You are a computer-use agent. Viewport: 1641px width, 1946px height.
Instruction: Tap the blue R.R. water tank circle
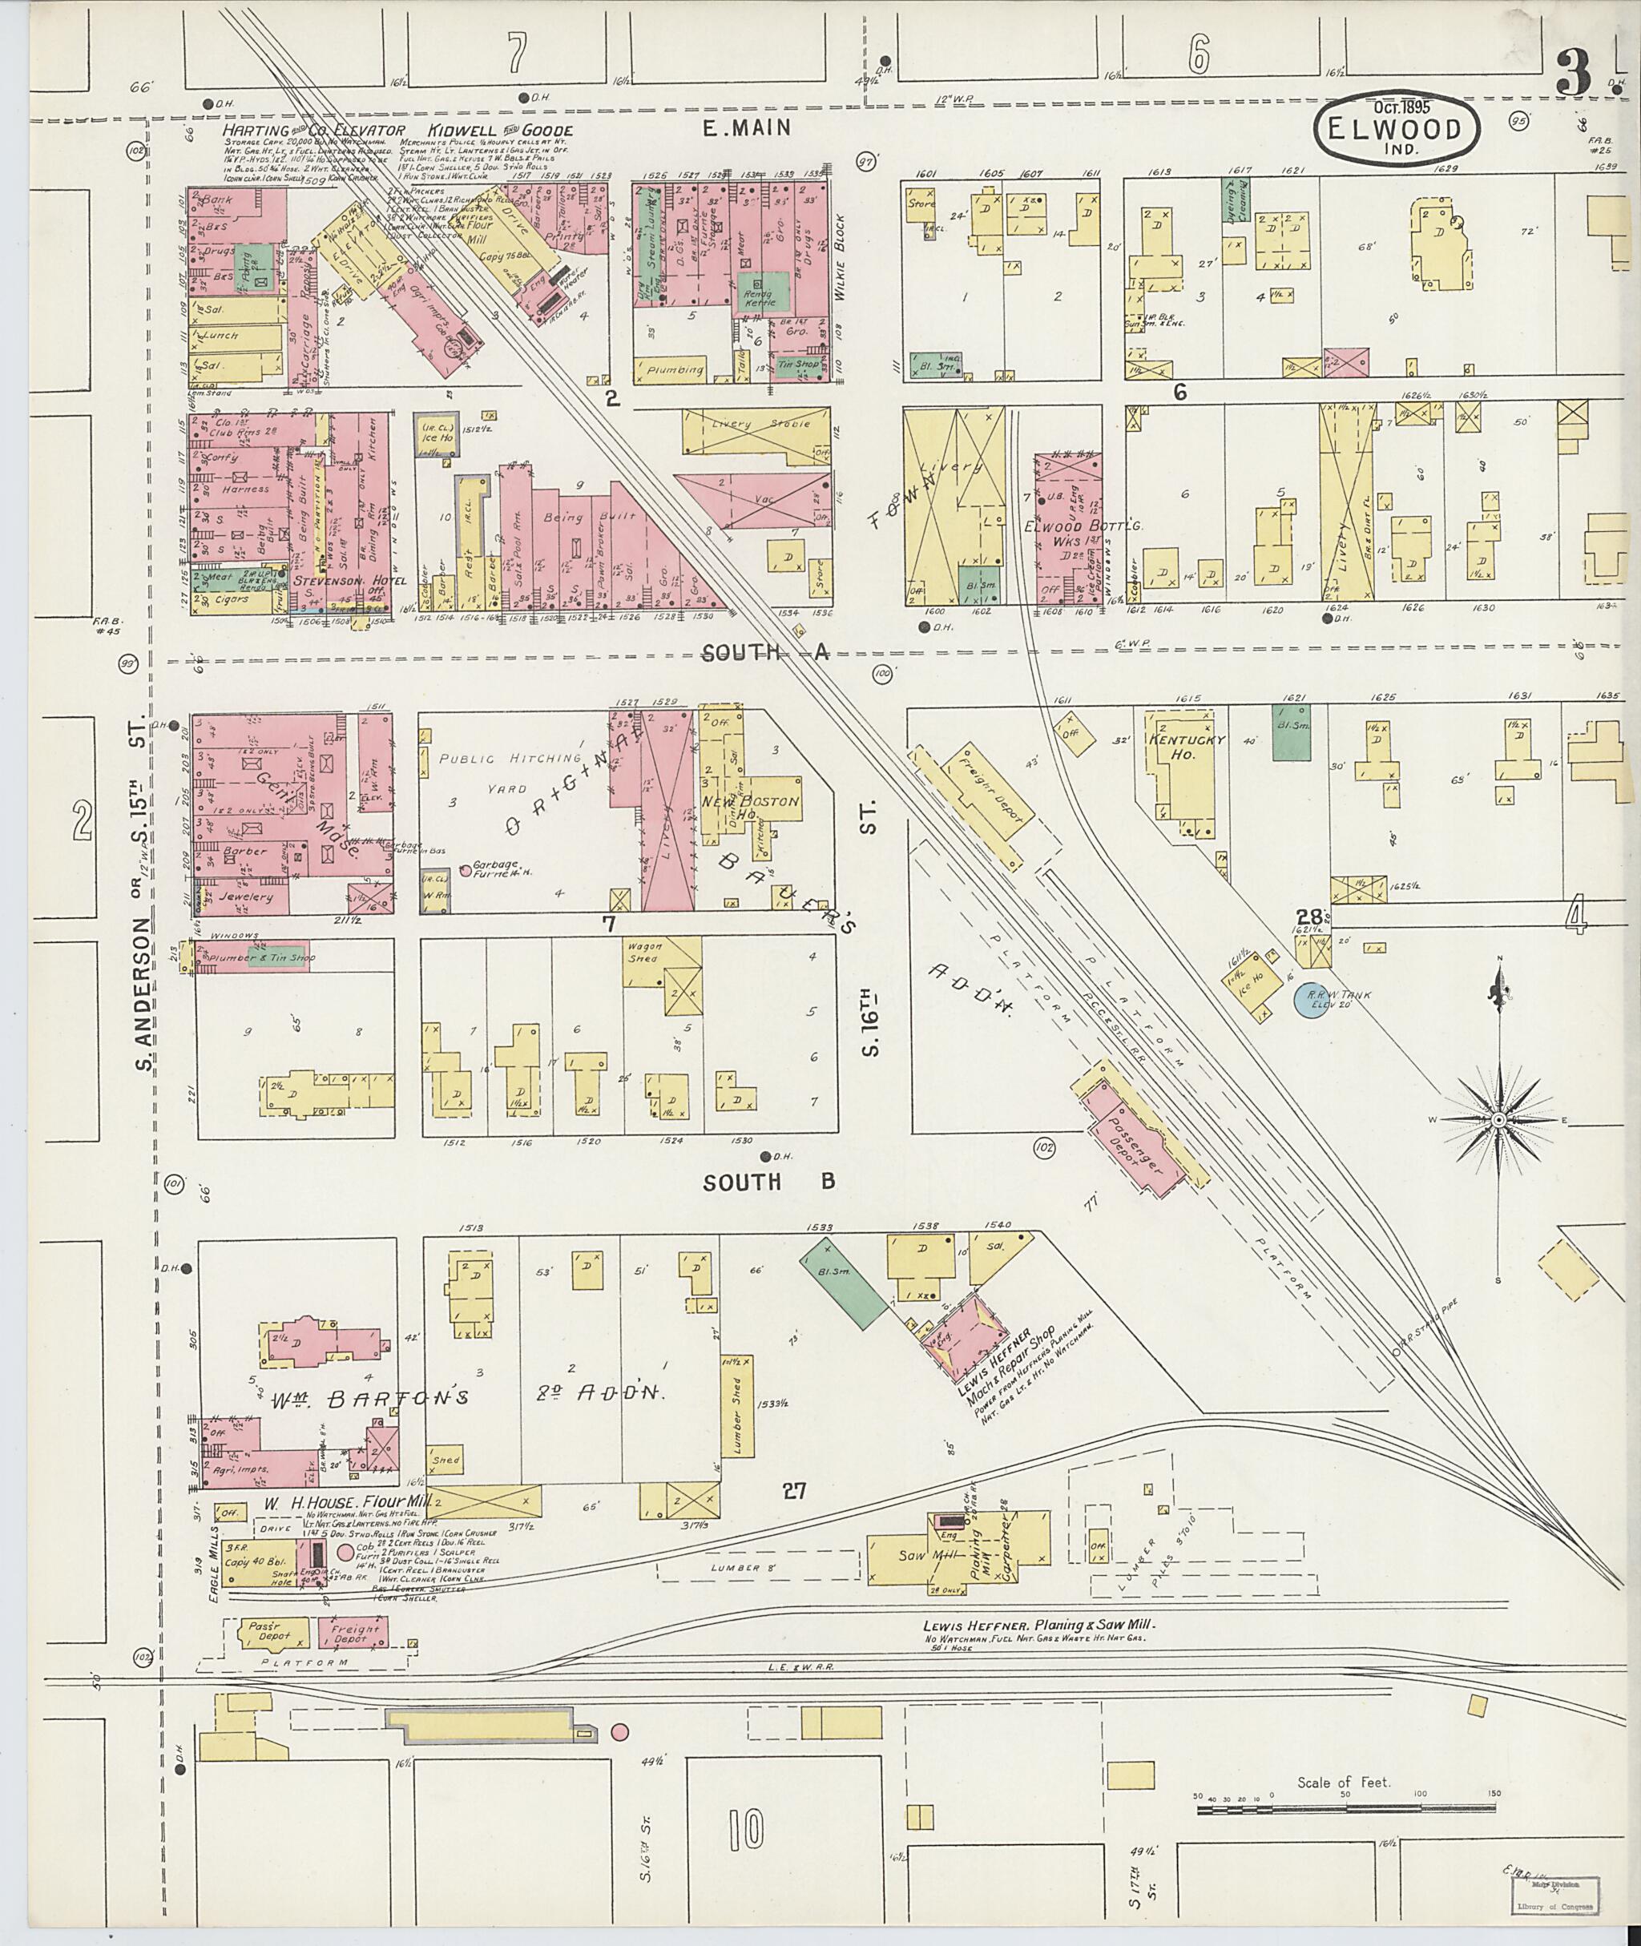click(1310, 1000)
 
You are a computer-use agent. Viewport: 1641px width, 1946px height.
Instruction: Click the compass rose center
click(1498, 1122)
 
